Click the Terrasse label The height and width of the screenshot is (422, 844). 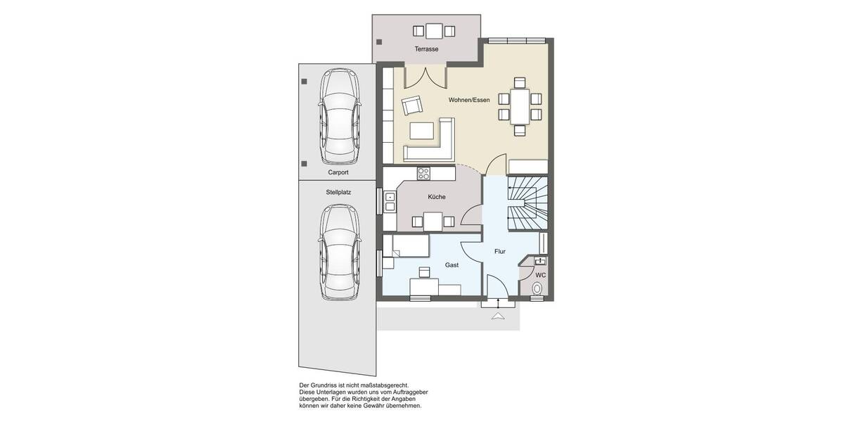pyautogui.click(x=426, y=49)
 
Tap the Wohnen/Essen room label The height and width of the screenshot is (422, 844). pyautogui.click(x=469, y=101)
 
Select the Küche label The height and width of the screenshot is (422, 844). pyautogui.click(x=436, y=198)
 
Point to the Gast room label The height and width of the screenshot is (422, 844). pyautogui.click(x=452, y=265)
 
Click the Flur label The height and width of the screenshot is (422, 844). pyautogui.click(x=499, y=251)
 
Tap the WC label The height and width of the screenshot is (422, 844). pyautogui.click(x=540, y=275)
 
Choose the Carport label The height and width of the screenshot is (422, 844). pyautogui.click(x=338, y=172)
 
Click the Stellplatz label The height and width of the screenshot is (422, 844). pyautogui.click(x=338, y=191)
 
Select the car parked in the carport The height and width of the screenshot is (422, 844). pyautogui.click(x=339, y=115)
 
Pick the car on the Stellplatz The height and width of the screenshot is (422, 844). pyautogui.click(x=339, y=251)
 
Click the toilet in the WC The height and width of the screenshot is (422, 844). pyautogui.click(x=538, y=288)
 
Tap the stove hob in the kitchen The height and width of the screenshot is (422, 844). pyautogui.click(x=424, y=172)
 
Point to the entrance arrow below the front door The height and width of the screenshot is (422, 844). pyautogui.click(x=498, y=316)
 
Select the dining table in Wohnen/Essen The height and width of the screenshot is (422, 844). pyautogui.click(x=520, y=106)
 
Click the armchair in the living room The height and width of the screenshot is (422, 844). pyautogui.click(x=411, y=106)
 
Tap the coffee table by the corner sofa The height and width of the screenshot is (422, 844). pyautogui.click(x=422, y=132)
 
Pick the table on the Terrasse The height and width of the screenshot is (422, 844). pyautogui.click(x=434, y=30)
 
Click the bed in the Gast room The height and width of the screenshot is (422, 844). pyautogui.click(x=409, y=245)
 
